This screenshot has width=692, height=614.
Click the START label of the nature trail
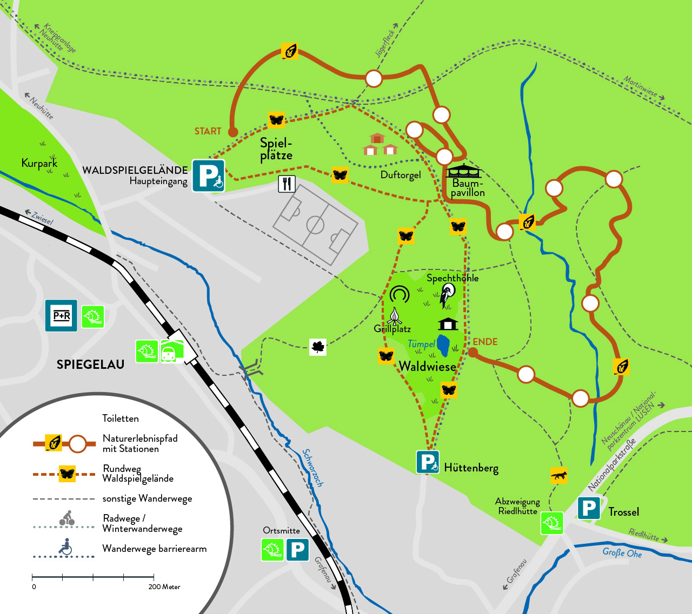pos(208,131)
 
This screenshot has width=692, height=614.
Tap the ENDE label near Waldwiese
pos(485,342)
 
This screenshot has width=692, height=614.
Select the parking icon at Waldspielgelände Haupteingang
pos(209,175)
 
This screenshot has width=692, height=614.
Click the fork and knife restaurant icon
pos(287,184)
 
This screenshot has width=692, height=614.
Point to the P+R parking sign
pos(61,315)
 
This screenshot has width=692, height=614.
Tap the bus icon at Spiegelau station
pos(168,354)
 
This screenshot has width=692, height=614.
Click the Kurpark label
pos(39,163)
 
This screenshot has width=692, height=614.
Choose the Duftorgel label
pos(401,175)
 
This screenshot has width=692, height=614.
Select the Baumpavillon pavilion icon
pos(463,171)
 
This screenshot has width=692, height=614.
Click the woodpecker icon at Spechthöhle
pos(447,295)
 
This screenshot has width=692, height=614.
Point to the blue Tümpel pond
pos(443,345)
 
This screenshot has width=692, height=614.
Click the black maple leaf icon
pos(318,347)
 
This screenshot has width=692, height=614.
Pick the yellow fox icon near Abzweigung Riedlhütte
pos(558,475)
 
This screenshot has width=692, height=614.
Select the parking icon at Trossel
pos(589,508)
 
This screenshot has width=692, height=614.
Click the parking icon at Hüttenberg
pos(428,462)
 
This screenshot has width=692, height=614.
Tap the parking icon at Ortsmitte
pos(297,550)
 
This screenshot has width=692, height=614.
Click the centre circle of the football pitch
pos(315,225)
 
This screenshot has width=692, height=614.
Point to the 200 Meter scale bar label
pos(164,587)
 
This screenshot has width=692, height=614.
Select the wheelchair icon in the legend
pos(65,546)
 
